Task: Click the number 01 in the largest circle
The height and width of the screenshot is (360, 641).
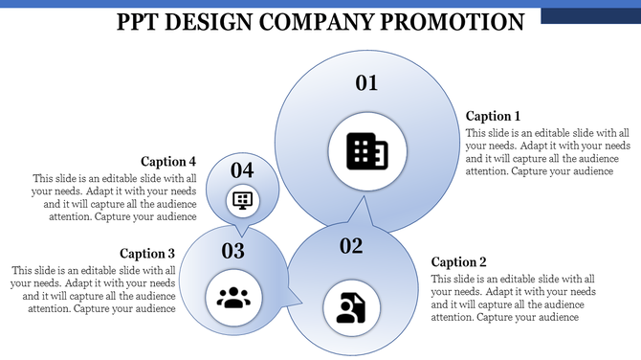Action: tap(367, 83)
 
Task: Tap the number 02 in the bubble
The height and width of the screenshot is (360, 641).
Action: tap(351, 246)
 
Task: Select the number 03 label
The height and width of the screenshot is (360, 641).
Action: tap(233, 251)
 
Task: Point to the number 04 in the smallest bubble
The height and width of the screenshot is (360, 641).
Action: tap(242, 170)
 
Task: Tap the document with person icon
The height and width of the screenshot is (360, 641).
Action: tap(351, 305)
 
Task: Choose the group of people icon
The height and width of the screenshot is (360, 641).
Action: tap(233, 297)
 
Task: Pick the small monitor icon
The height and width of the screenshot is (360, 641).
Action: tap(242, 200)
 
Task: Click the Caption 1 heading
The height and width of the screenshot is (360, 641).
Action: tap(493, 116)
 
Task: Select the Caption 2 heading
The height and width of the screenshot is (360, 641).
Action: tap(459, 261)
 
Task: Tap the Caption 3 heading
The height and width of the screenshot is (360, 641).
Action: tap(147, 254)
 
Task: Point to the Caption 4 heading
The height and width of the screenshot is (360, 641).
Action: tap(168, 161)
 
